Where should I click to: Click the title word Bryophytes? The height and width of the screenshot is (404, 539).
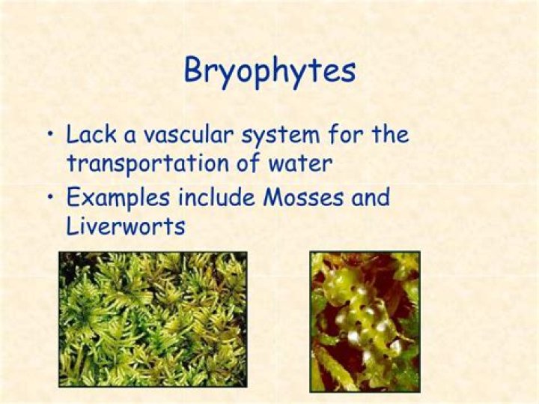coord(269,71)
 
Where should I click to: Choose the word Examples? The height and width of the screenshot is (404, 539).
coord(118,199)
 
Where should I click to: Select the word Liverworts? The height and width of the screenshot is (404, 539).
coord(125,226)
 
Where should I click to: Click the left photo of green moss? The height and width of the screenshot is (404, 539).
coord(153,319)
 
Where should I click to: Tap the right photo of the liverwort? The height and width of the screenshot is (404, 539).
coord(365,321)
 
